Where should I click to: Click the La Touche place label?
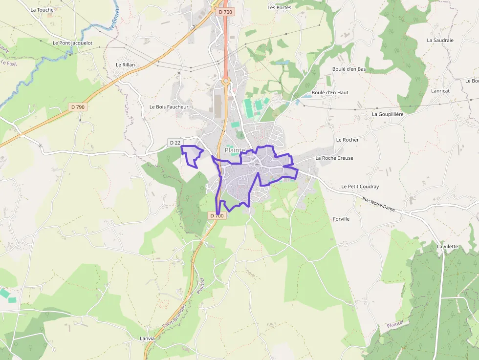coord(42,9)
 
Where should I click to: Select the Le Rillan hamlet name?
coord(125,64)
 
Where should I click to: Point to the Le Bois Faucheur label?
coord(169,106)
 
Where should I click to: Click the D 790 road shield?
coord(78,107)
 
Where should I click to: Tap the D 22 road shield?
coord(175,142)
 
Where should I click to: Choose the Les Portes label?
coord(279,7)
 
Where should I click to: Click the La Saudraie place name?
coord(440,40)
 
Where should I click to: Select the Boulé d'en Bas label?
coord(349,69)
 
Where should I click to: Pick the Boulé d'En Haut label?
coord(330,92)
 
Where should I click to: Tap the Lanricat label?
coord(440,90)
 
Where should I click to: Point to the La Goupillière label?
coord(387,114)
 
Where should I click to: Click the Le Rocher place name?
coord(347,140)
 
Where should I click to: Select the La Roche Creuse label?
coord(334,158)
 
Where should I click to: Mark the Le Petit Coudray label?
coord(360,187)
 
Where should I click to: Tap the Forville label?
coord(341,219)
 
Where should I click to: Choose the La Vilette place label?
coord(448,246)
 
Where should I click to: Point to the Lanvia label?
coord(147,339)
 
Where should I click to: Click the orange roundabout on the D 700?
coord(226,81)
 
